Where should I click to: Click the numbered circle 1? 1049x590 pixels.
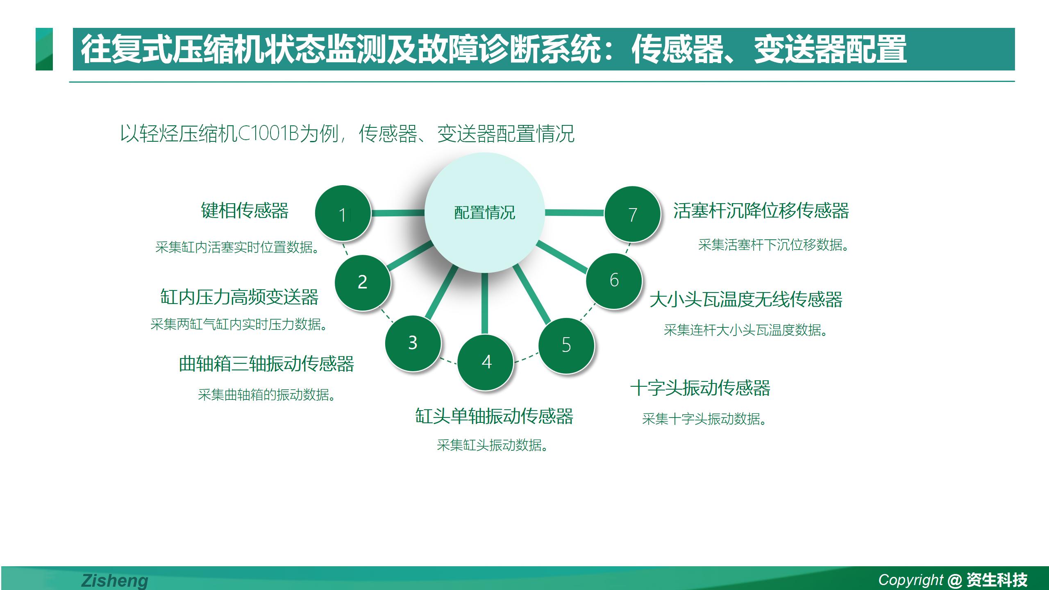pyautogui.click(x=343, y=213)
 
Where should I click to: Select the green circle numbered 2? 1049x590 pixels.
pyautogui.click(x=363, y=282)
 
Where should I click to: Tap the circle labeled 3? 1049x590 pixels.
pyautogui.click(x=413, y=343)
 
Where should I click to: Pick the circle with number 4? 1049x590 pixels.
pyautogui.click(x=485, y=362)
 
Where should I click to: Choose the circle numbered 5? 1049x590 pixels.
pyautogui.click(x=566, y=345)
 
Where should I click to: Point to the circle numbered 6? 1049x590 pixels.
pyautogui.click(x=614, y=281)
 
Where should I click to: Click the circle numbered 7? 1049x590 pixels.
pyautogui.click(x=633, y=214)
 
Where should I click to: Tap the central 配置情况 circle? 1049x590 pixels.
pyautogui.click(x=485, y=213)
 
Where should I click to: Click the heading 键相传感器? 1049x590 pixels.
pyautogui.click(x=245, y=211)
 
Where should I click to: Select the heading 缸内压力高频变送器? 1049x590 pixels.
pyautogui.click(x=239, y=297)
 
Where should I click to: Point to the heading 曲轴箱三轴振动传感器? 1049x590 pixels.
pyautogui.click(x=266, y=364)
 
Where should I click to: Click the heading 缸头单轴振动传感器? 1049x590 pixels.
pyautogui.click(x=494, y=416)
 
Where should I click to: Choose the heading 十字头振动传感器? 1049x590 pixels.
pyautogui.click(x=700, y=388)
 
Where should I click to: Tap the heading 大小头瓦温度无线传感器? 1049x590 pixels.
pyautogui.click(x=746, y=299)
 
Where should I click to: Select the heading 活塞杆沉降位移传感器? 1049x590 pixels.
pyautogui.click(x=761, y=211)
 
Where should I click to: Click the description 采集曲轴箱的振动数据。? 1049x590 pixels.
pyautogui.click(x=267, y=395)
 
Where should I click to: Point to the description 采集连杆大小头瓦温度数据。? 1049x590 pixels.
pyautogui.click(x=745, y=330)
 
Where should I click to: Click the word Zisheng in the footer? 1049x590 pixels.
pyautogui.click(x=115, y=581)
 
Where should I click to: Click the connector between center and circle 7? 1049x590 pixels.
pyautogui.click(x=575, y=212)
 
